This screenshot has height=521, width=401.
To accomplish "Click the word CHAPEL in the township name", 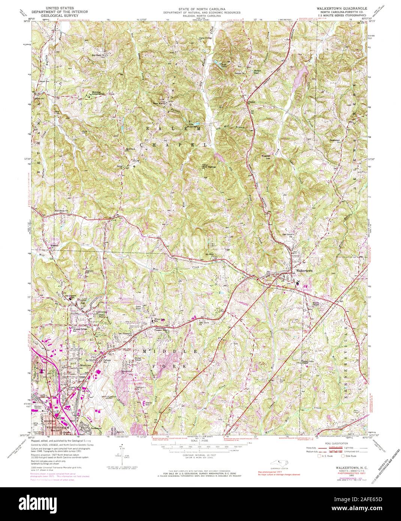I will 173,144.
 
